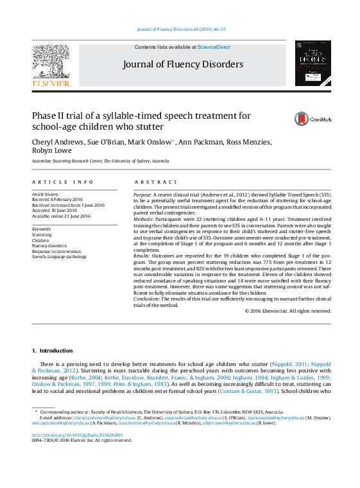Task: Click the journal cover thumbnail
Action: coord(313,64)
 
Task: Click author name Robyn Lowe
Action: coord(50,152)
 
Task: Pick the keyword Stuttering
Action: coord(42,235)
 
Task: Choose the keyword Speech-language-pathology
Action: coord(58,256)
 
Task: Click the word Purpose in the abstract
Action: coord(142,194)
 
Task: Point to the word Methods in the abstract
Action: coord(143,219)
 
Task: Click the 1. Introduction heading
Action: coord(53,351)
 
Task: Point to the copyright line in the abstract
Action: coord(287,311)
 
